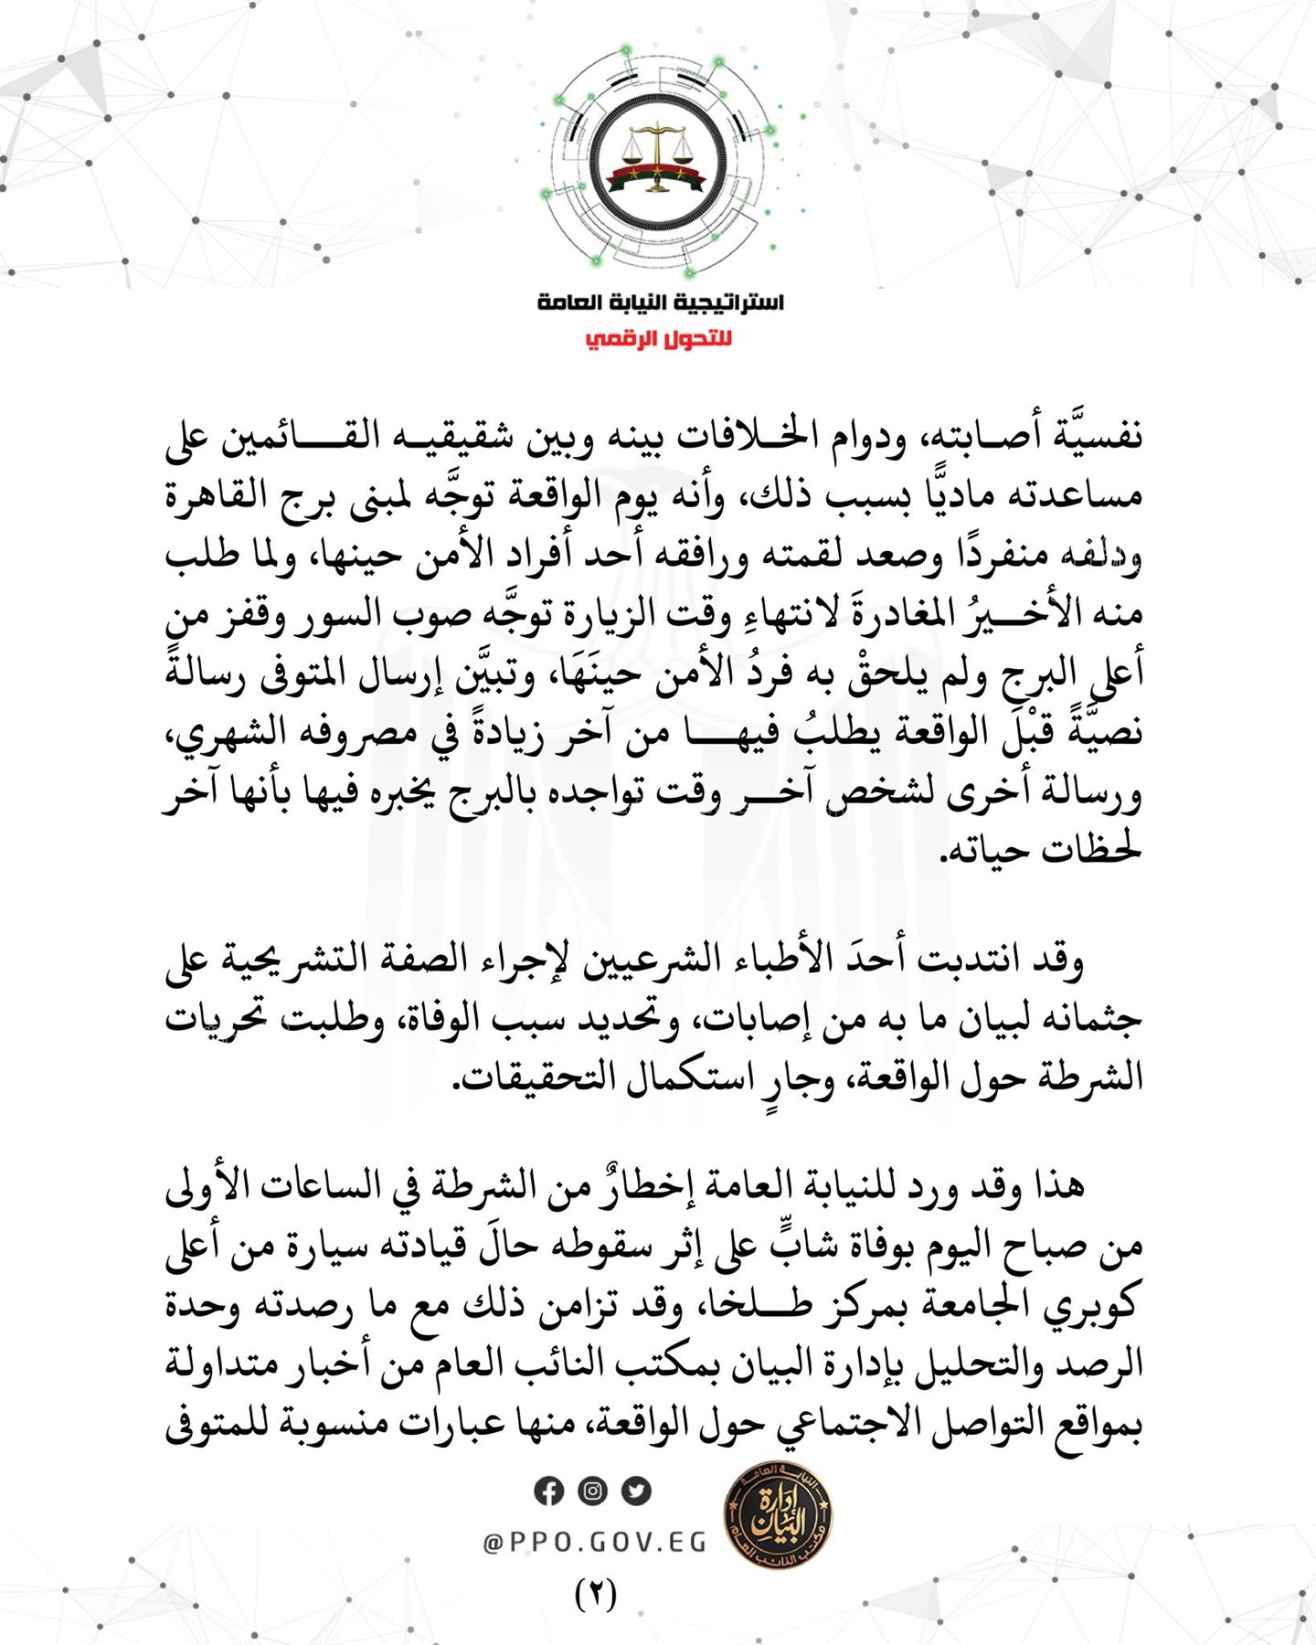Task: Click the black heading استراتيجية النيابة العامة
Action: pos(660,302)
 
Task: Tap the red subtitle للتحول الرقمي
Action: pos(659,339)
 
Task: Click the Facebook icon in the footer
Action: pos(548,1491)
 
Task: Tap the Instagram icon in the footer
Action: pos(592,1491)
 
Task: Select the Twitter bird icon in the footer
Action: pos(636,1491)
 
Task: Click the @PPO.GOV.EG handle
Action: pos(595,1543)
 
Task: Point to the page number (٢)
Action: pos(596,1594)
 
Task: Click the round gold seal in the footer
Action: pos(778,1522)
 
